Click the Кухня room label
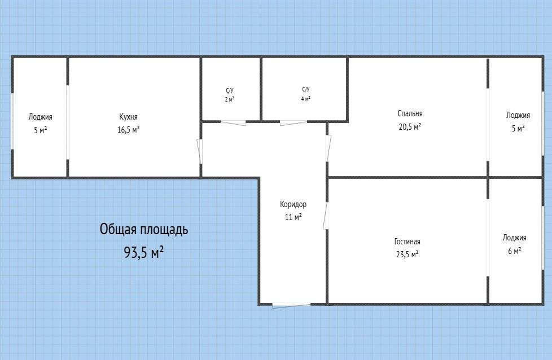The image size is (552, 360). pyautogui.click(x=128, y=117)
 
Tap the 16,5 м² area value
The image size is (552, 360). pyautogui.click(x=128, y=129)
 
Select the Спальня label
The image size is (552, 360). pyautogui.click(x=410, y=113)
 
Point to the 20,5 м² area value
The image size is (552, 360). pyautogui.click(x=410, y=126)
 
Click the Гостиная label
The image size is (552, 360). pyautogui.click(x=407, y=242)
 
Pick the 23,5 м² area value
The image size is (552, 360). pyautogui.click(x=407, y=254)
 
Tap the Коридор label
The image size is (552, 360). pyautogui.click(x=293, y=204)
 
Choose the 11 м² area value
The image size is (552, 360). pyautogui.click(x=293, y=217)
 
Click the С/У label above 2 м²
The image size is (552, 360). pyautogui.click(x=230, y=90)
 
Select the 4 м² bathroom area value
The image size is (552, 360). pyautogui.click(x=305, y=99)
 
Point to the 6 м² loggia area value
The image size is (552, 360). pyautogui.click(x=514, y=251)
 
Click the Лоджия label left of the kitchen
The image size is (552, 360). pyautogui.click(x=41, y=117)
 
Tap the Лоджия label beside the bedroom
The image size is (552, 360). pyautogui.click(x=518, y=115)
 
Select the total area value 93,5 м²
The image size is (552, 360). pyautogui.click(x=144, y=252)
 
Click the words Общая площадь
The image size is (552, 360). pyautogui.click(x=144, y=230)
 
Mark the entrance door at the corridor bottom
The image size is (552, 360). pyautogui.click(x=291, y=305)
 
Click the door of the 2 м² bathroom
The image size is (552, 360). pyautogui.click(x=233, y=122)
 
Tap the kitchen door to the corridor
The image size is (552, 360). pyautogui.click(x=200, y=151)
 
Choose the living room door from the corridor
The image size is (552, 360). pyautogui.click(x=326, y=216)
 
